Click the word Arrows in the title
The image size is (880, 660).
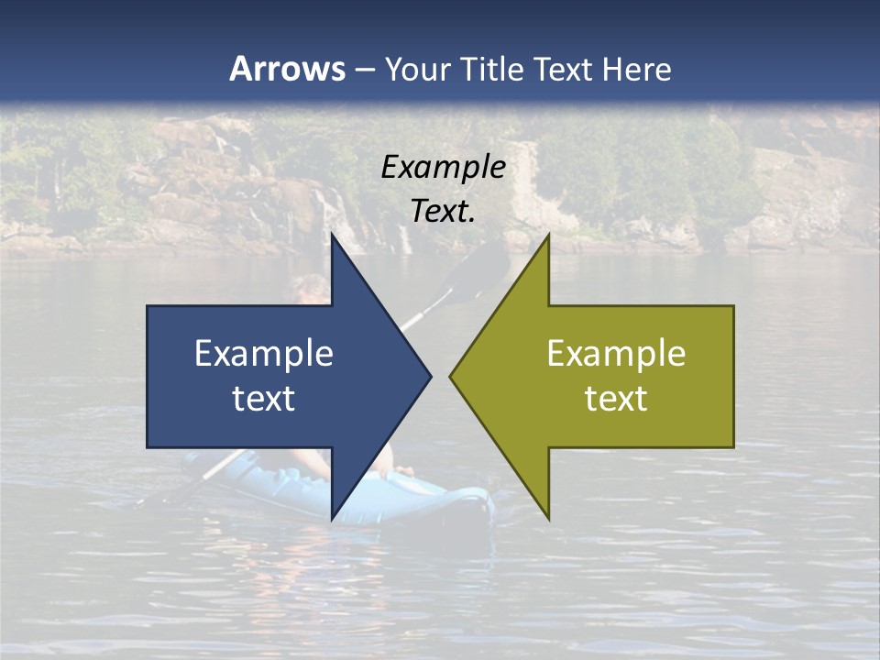287,69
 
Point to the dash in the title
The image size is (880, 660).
364,70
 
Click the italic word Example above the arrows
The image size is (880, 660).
444,168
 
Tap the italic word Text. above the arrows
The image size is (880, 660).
444,211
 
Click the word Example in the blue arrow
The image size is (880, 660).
264,354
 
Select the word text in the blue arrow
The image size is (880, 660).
264,398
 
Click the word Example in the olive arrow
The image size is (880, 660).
616,354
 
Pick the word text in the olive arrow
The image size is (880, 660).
616,398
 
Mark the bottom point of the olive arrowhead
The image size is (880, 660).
548,519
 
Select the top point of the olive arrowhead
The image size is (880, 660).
548,235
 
